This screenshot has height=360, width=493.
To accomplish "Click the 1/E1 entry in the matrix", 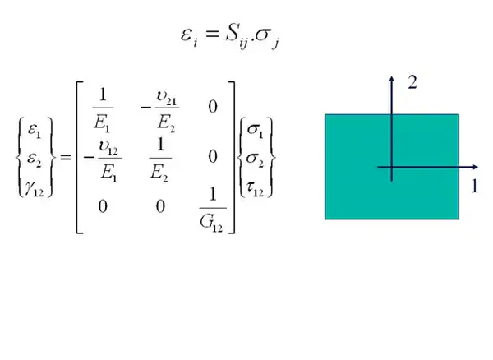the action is tap(103, 109).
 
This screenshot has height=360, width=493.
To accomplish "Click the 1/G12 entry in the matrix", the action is tap(213, 210).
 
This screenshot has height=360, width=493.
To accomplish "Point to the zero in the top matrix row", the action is tap(213, 107).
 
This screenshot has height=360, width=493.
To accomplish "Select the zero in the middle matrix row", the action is tap(213, 156).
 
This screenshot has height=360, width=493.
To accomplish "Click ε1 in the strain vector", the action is tap(35, 130).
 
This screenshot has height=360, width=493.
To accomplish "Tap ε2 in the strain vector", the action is tap(35, 158).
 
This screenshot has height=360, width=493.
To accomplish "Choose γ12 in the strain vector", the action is tap(35, 189).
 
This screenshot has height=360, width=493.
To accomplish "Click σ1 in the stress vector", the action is tap(255, 130).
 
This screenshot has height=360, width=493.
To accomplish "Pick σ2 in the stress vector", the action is tap(255, 159).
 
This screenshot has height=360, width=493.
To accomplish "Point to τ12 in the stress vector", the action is tap(255, 189).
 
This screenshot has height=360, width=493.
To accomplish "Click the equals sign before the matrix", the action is tap(66, 157).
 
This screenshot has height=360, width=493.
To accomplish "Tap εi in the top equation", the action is tap(190, 37).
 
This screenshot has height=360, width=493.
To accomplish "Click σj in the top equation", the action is tap(267, 38).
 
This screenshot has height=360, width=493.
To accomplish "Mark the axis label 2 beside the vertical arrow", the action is tap(412, 83).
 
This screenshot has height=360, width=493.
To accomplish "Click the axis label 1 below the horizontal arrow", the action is tap(475, 186).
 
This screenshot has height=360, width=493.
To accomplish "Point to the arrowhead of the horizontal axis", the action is tap(476, 168).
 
